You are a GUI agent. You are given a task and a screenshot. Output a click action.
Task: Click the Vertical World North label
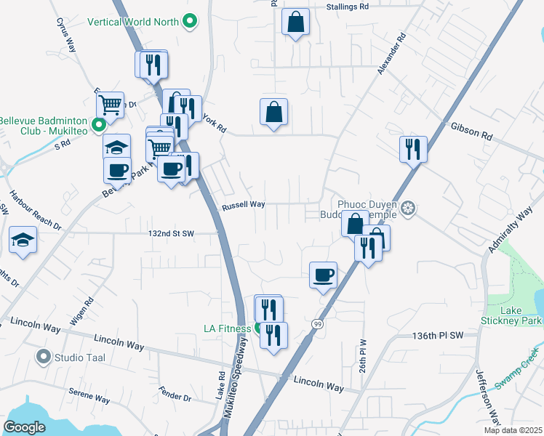[x=133, y=22]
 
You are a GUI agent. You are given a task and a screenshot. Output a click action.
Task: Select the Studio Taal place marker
[x=44, y=357]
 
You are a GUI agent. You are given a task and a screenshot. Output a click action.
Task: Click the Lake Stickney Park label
[x=511, y=315]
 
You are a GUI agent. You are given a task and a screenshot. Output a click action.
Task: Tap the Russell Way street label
[x=243, y=205]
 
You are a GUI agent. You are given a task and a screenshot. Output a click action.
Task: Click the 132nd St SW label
[x=172, y=234]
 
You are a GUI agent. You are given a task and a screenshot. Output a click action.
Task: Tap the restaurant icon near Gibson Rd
[x=413, y=150]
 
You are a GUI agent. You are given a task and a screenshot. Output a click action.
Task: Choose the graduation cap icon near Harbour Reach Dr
[x=23, y=241]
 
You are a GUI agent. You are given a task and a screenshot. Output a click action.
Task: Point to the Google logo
[x=24, y=427]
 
